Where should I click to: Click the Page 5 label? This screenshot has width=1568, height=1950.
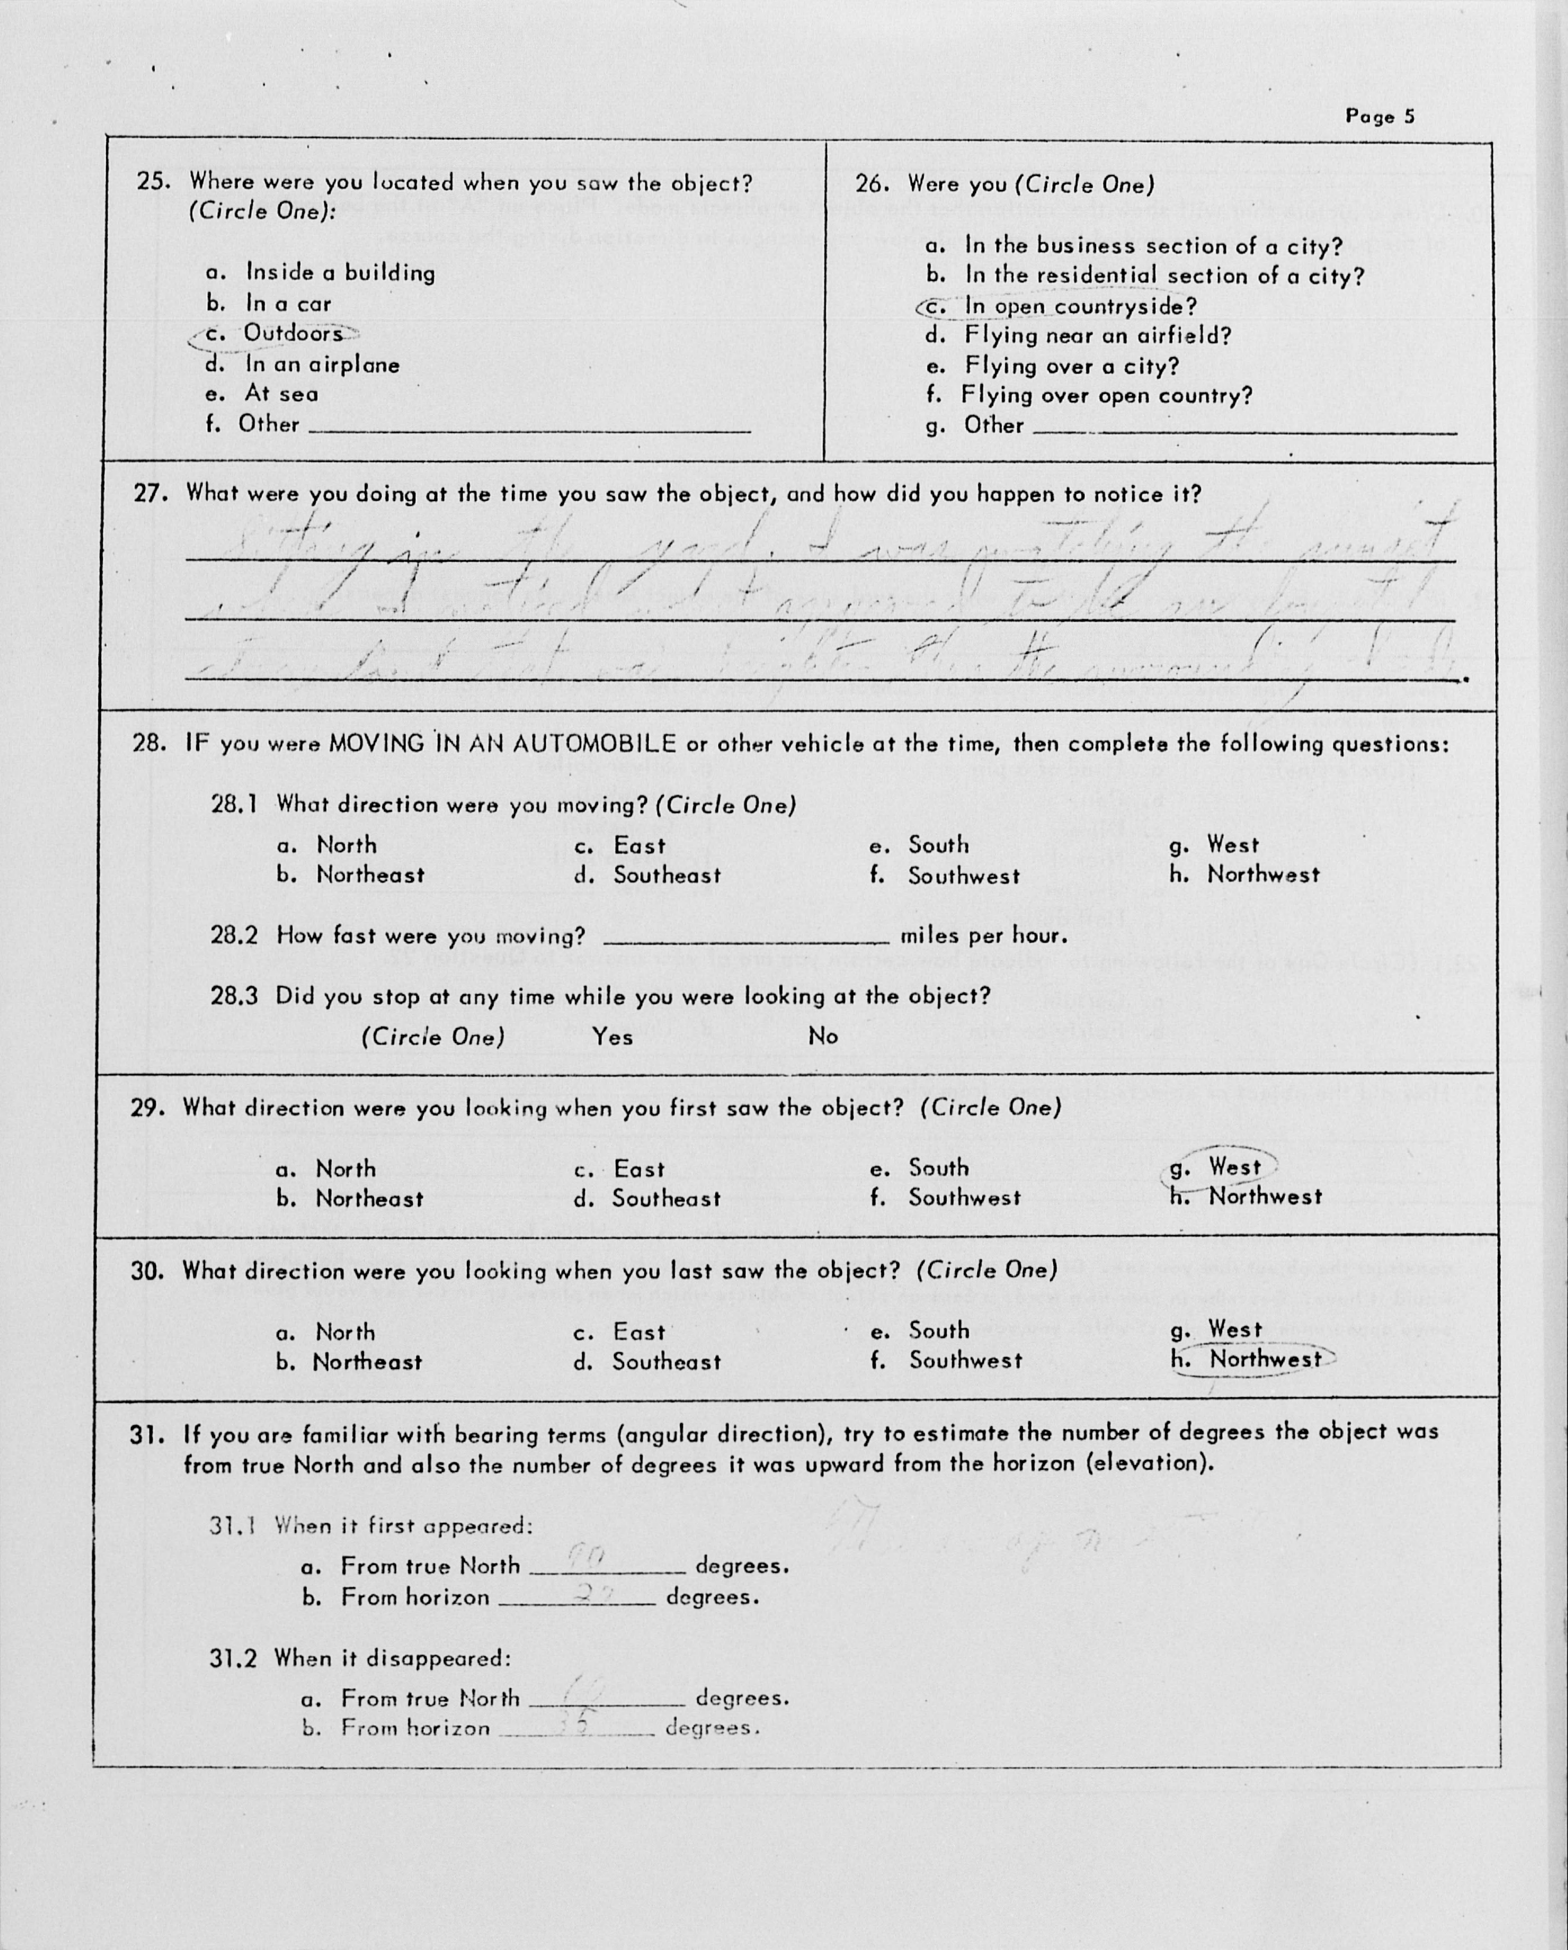point(1379,117)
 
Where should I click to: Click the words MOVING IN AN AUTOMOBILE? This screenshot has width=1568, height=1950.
point(502,744)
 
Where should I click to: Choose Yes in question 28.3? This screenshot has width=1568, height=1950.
point(613,1036)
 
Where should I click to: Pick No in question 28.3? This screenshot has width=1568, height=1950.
point(822,1036)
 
